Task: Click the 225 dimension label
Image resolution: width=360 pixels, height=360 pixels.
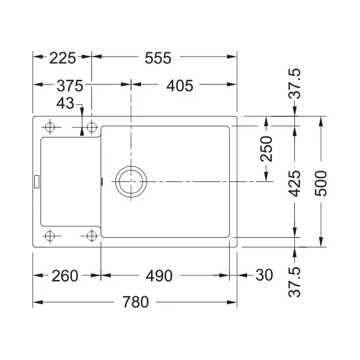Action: pos(62,58)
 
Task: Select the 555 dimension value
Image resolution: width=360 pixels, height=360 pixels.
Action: pos(158,58)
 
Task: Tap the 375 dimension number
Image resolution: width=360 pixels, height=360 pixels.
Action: pos(70,86)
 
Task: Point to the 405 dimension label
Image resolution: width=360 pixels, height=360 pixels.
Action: pos(180,86)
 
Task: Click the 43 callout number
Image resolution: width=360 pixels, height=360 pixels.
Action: pos(65,103)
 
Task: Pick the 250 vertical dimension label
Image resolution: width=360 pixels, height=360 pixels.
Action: pos(267,149)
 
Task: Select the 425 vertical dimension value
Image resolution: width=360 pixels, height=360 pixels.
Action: pos(294,183)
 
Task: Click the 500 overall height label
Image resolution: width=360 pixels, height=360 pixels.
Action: pos(320,183)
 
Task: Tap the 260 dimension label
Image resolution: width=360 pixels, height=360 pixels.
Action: pos(64,276)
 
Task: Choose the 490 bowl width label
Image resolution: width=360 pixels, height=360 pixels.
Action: pos(159,276)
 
